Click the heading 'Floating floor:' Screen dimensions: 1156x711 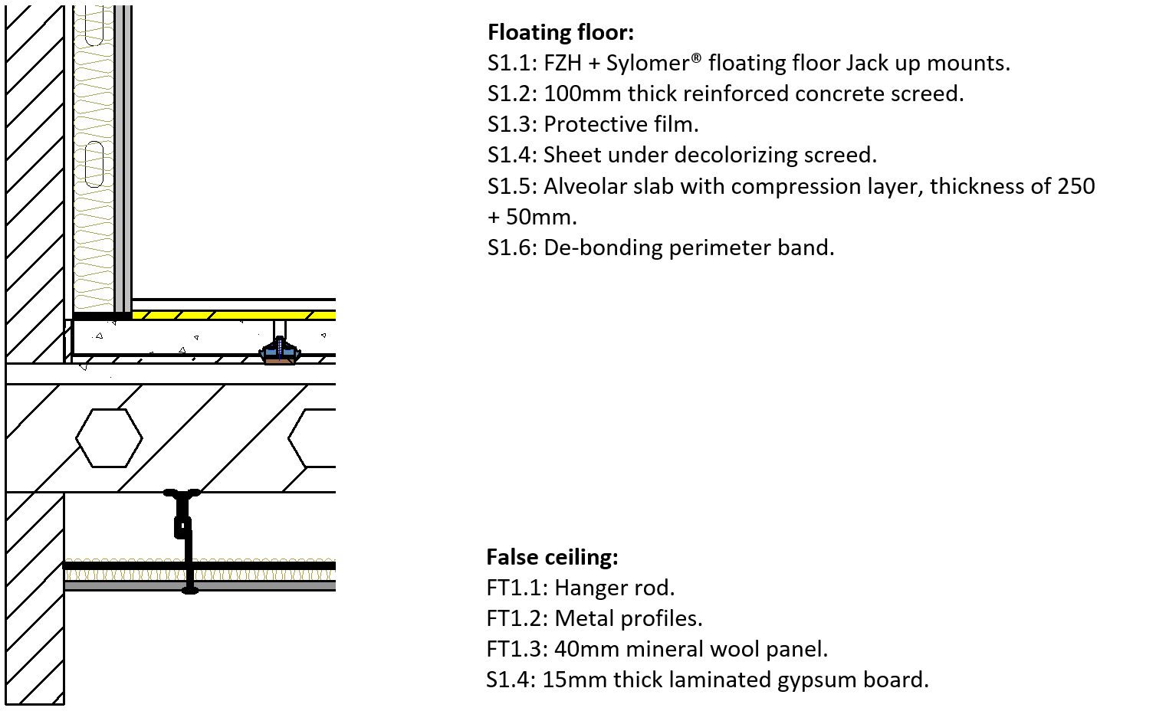(560, 32)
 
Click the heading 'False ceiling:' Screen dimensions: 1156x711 (552, 557)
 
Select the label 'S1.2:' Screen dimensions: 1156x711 (513, 94)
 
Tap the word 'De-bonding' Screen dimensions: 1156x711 (603, 247)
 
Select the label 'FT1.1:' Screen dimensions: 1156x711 (517, 588)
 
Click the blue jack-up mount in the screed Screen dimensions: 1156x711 (280, 352)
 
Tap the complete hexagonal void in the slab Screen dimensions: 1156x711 (110, 438)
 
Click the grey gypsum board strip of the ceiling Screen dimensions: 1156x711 (200, 586)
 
